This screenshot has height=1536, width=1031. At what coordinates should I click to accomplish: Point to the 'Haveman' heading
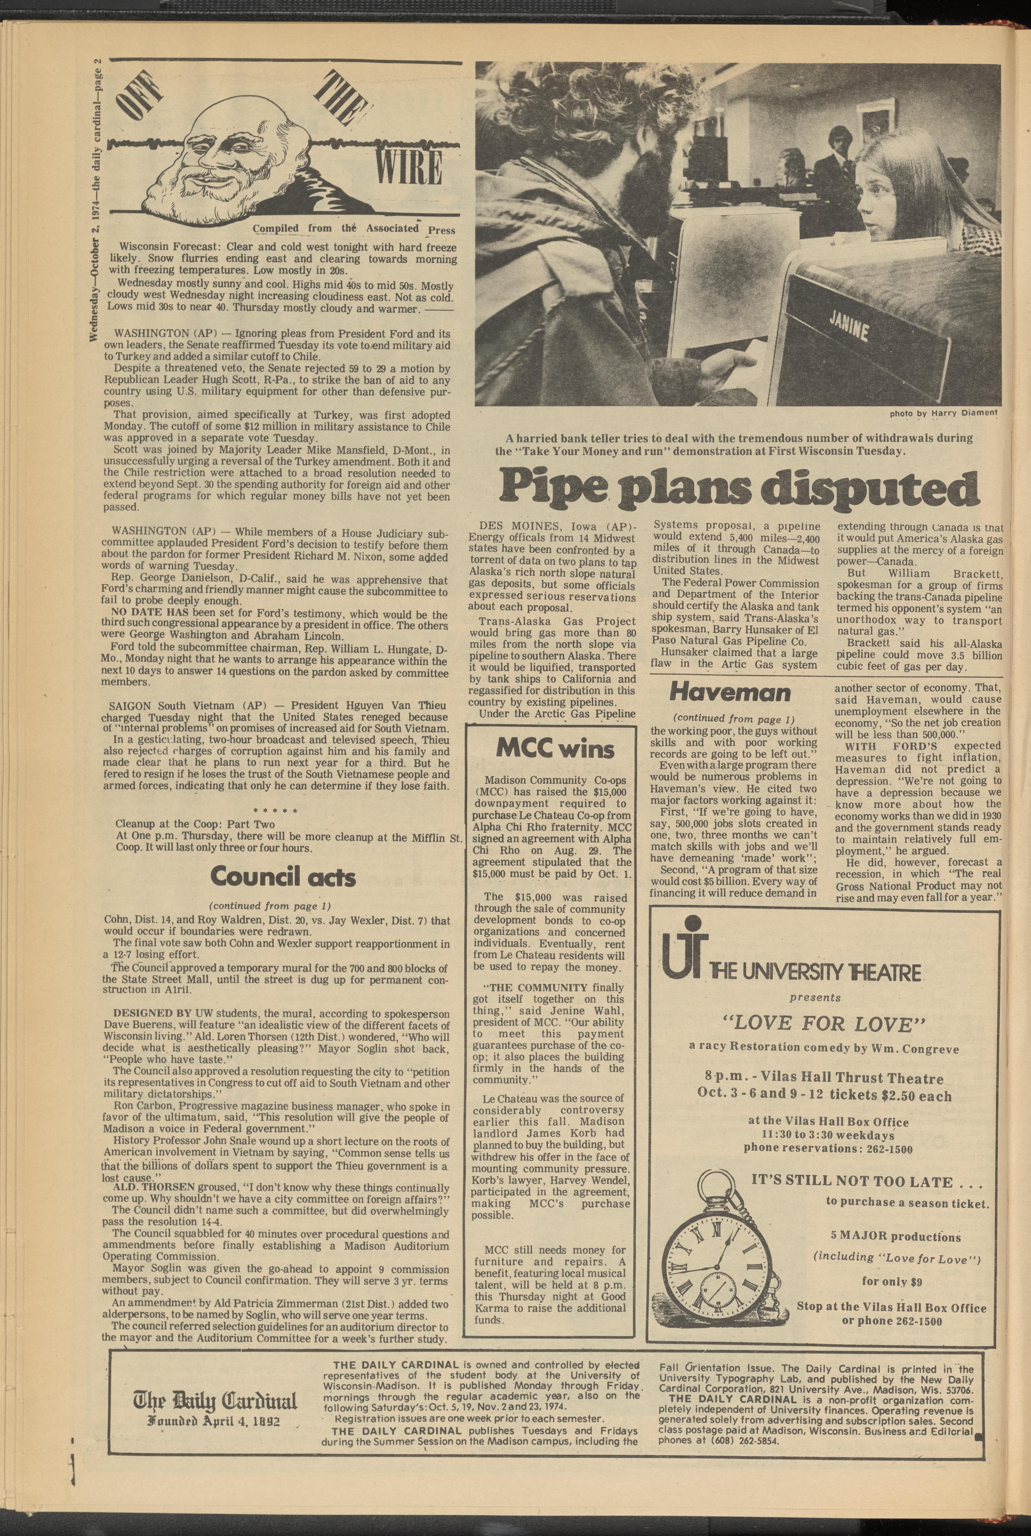point(730,692)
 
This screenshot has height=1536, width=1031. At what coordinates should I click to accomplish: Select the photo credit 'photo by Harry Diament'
point(943,413)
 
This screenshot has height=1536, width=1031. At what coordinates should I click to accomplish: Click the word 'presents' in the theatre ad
point(815,997)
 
